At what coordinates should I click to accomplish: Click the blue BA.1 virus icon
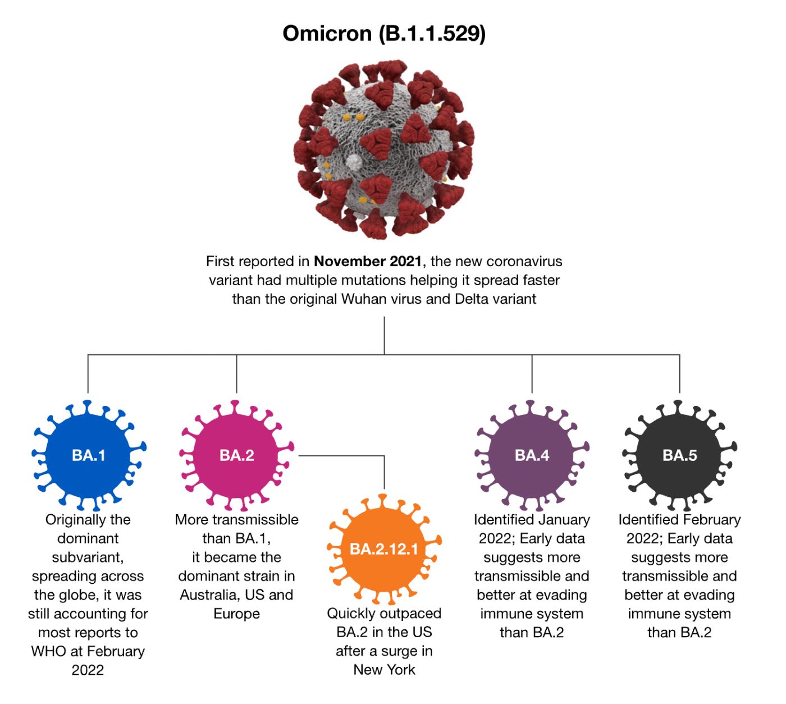pos(88,455)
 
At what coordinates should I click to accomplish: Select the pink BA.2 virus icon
pos(236,455)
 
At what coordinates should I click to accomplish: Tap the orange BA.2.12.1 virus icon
pos(384,548)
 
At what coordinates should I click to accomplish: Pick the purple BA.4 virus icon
pos(532,455)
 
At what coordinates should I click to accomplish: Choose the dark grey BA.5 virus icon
pos(679,455)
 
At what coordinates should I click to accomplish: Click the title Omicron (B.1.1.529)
pos(384,34)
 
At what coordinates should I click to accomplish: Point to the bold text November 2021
pos(368,261)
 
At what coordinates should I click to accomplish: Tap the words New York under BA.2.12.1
pos(385,670)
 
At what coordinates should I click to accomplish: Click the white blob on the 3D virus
pos(354,163)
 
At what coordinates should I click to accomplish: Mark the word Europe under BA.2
pos(236,614)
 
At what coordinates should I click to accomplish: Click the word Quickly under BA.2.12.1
pos(351,614)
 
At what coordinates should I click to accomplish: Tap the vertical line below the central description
pos(384,335)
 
